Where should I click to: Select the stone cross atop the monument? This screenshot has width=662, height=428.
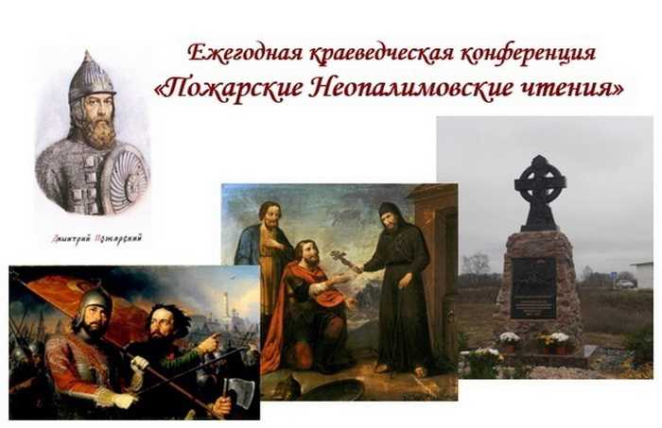tap(540, 189)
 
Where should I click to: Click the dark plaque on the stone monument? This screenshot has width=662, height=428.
tap(535, 287)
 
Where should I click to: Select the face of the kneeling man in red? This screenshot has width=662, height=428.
tap(308, 254)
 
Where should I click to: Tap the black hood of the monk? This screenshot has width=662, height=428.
tap(389, 212)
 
